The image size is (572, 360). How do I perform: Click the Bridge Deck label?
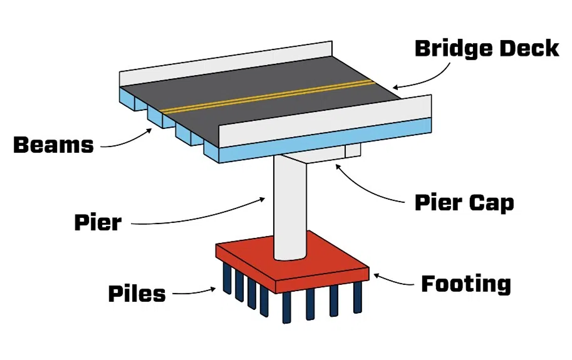pyautogui.click(x=486, y=48)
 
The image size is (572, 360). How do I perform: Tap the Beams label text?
pyautogui.click(x=53, y=145)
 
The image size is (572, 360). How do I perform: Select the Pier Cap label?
pyautogui.click(x=464, y=203)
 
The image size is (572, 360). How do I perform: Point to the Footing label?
pyautogui.click(x=465, y=284)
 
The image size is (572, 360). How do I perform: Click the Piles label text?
pyautogui.click(x=137, y=293)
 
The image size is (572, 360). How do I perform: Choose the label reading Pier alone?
pyautogui.click(x=98, y=222)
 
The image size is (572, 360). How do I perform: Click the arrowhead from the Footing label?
pyautogui.click(x=374, y=274)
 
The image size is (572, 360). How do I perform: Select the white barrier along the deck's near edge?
pyautogui.click(x=326, y=123)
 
